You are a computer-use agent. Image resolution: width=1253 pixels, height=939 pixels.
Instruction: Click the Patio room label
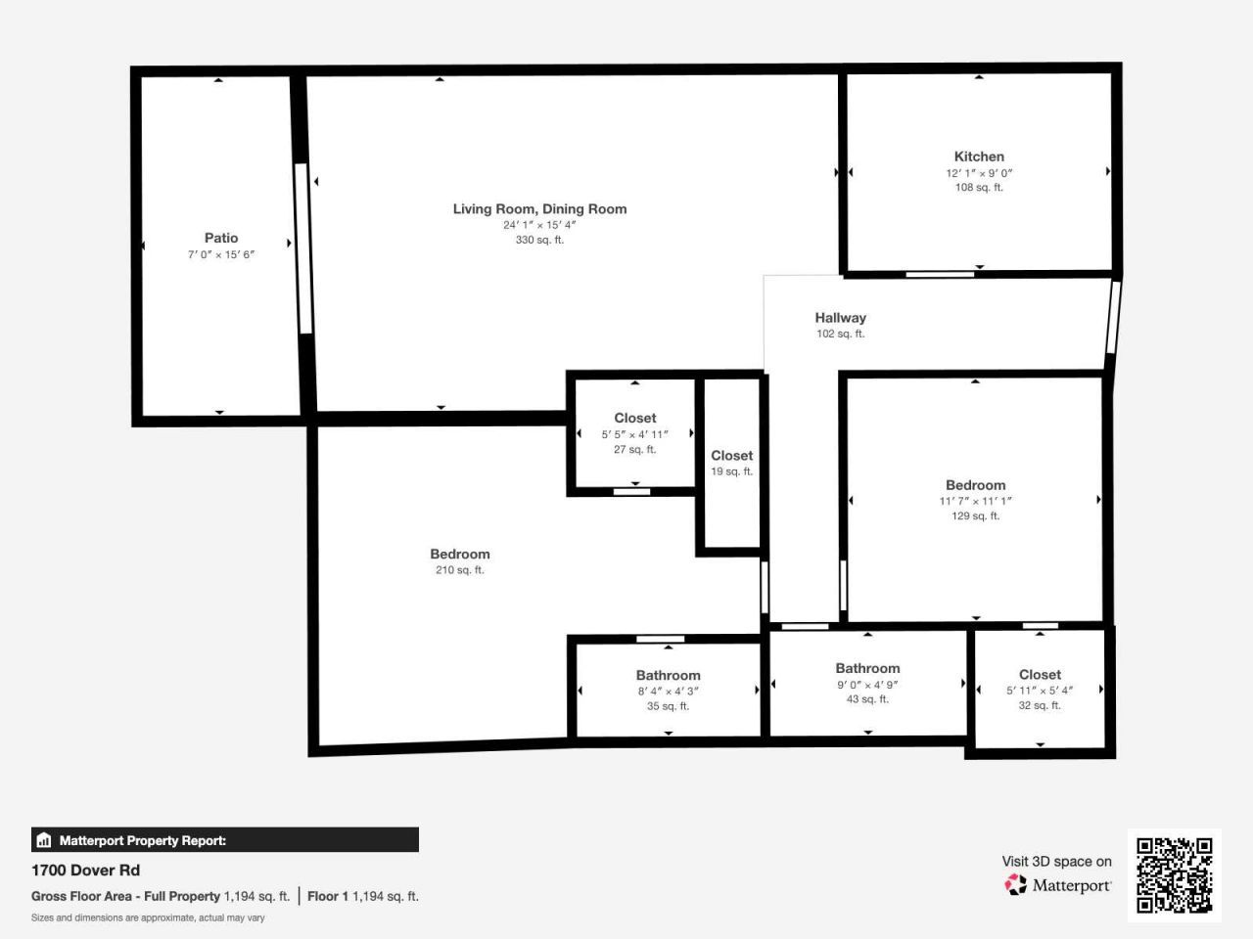[221, 238]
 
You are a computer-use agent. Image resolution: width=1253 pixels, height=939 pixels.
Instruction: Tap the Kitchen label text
[979, 156]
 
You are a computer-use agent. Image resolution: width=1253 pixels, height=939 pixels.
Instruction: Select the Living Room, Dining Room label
[539, 208]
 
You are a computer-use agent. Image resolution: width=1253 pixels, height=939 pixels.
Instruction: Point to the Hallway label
[840, 318]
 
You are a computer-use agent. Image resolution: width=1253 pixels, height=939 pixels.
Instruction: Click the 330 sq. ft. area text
[539, 240]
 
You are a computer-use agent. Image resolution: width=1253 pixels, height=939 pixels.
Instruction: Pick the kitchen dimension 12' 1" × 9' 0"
[979, 173]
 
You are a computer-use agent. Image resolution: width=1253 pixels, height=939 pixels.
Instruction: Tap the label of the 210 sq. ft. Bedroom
[460, 554]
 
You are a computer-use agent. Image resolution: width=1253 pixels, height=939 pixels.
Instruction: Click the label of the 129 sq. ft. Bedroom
[975, 485]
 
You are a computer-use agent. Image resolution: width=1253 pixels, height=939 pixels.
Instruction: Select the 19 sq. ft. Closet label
[731, 456]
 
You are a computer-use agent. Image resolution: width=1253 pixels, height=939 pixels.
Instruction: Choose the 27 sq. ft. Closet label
[635, 418]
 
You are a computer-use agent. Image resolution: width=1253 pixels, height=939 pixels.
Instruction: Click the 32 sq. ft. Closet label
[1040, 675]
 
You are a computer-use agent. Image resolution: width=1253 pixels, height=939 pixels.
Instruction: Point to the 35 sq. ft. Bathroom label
[668, 675]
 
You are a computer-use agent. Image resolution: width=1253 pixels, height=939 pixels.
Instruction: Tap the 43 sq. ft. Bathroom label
[867, 668]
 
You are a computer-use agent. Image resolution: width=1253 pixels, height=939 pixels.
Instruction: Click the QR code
[1174, 874]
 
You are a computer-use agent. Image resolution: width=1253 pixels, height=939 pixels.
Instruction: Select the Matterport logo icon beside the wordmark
[1016, 885]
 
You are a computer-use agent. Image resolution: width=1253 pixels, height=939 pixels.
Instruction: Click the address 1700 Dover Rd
[85, 871]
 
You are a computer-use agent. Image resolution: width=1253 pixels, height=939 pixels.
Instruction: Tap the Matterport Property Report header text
[142, 840]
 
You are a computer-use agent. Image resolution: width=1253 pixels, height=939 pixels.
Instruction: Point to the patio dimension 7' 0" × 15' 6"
[221, 254]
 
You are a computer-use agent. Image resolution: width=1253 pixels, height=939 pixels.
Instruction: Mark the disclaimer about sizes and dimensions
[148, 917]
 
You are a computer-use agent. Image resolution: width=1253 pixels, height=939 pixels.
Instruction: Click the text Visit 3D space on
[1056, 862]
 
